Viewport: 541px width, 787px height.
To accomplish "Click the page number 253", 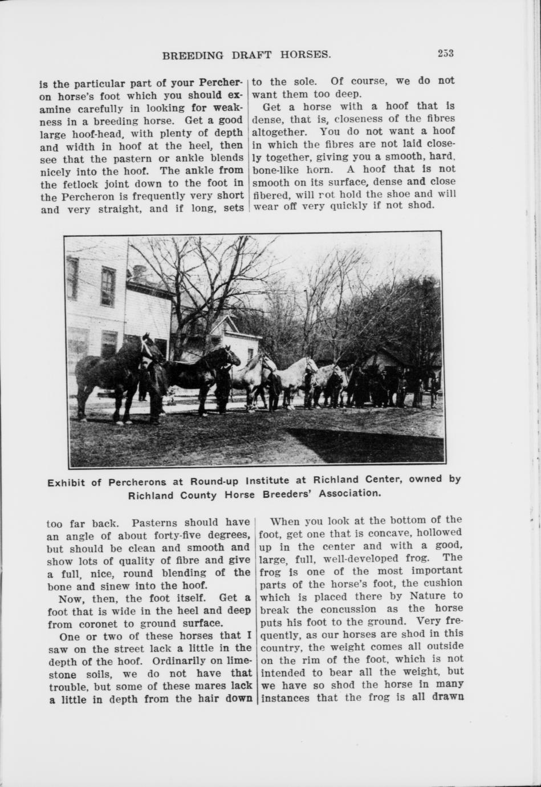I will point(445,54).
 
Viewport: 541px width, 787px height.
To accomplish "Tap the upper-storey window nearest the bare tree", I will point(108,286).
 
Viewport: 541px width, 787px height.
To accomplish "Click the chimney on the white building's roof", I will point(140,273).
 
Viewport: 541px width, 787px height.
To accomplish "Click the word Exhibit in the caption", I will point(66,482).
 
